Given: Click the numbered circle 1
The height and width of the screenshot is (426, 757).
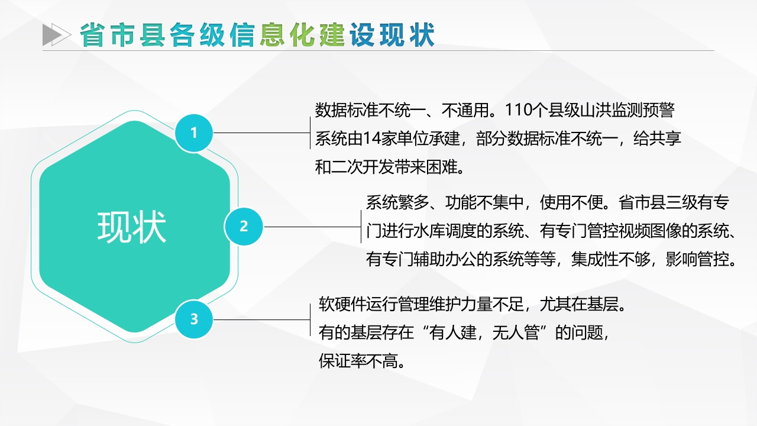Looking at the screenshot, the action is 194,133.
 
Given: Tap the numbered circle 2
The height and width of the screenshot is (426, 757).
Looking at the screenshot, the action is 244,227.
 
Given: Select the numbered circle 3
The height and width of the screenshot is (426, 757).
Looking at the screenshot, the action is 194,319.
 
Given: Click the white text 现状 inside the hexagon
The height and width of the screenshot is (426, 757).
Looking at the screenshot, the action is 132,227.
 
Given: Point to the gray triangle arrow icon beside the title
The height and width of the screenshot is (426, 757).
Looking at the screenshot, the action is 56,34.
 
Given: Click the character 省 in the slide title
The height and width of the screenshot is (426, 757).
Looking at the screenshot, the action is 92,35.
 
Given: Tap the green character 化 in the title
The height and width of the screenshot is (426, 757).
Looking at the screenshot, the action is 302,35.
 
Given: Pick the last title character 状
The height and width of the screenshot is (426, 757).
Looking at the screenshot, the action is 422,35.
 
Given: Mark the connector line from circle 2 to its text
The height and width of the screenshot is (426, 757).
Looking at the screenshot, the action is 312,227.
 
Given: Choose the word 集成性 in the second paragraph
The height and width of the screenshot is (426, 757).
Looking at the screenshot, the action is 595,260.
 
